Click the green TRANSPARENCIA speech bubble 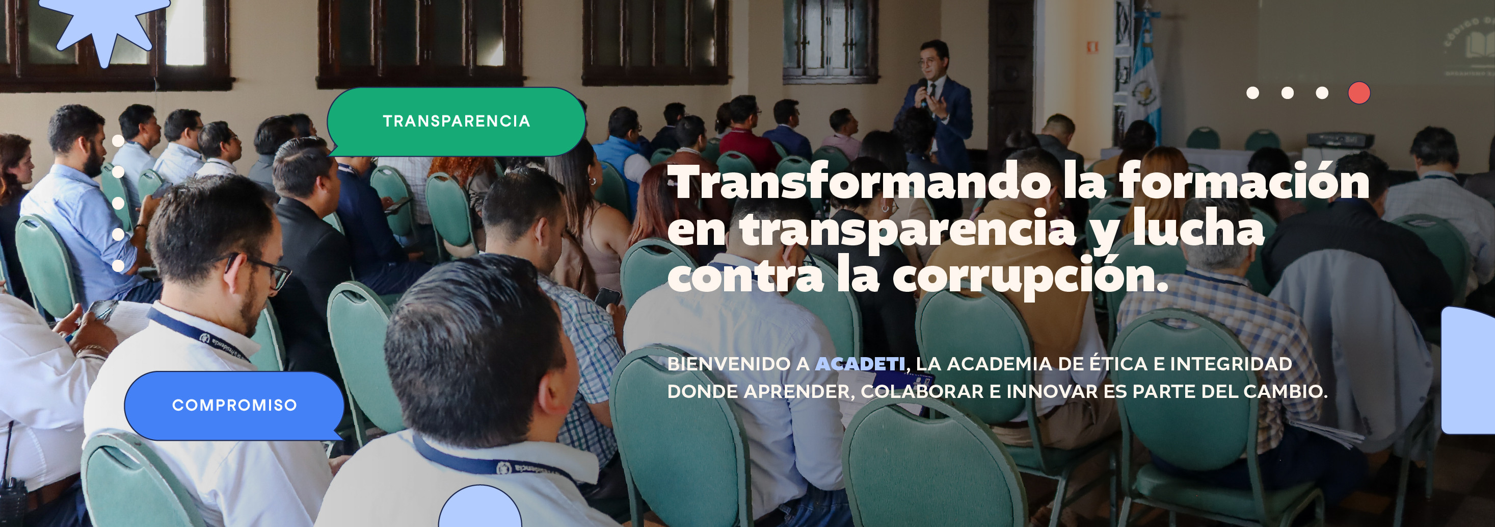coord(456,121)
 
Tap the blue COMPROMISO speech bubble coord(234,406)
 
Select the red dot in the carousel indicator coord(1358,93)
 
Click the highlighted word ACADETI coord(860,364)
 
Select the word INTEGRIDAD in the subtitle coord(1231,364)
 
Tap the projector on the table coord(1340,139)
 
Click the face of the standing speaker coord(932,64)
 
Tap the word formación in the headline coord(1244,183)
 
